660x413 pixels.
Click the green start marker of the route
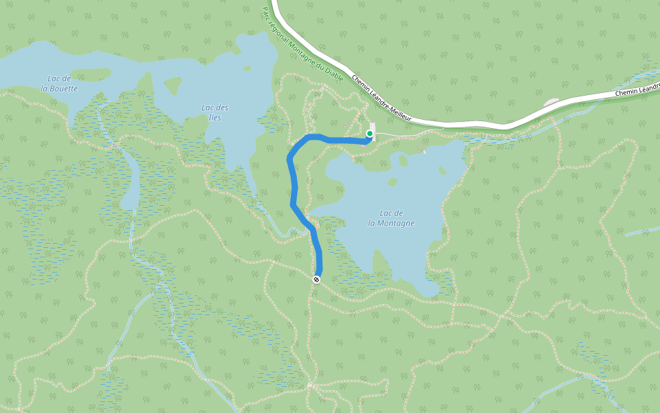pyautogui.click(x=370, y=134)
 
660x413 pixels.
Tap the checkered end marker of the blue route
pyautogui.click(x=316, y=279)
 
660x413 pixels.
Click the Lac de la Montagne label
pyautogui.click(x=391, y=218)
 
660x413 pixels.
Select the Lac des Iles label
pyautogui.click(x=214, y=112)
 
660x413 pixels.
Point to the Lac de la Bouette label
pyautogui.click(x=59, y=83)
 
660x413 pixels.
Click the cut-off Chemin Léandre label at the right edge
pyautogui.click(x=637, y=92)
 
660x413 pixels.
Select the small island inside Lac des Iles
pyautogui.click(x=172, y=85)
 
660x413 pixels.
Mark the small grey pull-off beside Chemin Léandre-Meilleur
pyautogui.click(x=552, y=103)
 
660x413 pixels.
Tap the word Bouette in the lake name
pyautogui.click(x=63, y=88)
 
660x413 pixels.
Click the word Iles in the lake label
pyautogui.click(x=214, y=117)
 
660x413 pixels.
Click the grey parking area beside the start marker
pyautogui.click(x=373, y=127)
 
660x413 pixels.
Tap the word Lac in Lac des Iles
pyautogui.click(x=206, y=107)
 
